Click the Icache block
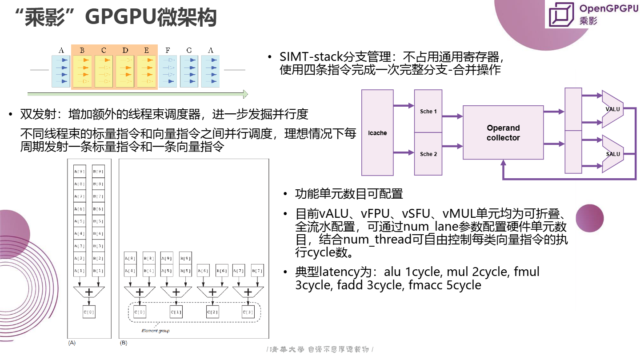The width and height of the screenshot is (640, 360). coord(377,132)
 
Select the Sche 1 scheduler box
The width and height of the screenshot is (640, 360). coord(428,111)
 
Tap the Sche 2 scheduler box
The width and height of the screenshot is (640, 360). coord(428,154)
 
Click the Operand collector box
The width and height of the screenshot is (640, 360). coord(503,132)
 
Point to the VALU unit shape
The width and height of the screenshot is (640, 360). coord(613,109)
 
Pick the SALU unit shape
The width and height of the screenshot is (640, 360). coord(613,154)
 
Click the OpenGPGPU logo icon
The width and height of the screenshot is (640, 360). coord(562,15)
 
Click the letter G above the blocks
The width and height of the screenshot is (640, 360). coord(189,51)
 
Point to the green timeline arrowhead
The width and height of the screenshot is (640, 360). coord(245,94)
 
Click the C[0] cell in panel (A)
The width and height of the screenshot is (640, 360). coord(88,312)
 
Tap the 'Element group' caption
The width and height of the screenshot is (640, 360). coord(156,331)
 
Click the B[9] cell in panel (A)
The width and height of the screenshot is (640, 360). coord(98,172)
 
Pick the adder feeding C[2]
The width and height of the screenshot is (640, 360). coord(212,292)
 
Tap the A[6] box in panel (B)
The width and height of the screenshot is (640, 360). coord(203,270)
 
